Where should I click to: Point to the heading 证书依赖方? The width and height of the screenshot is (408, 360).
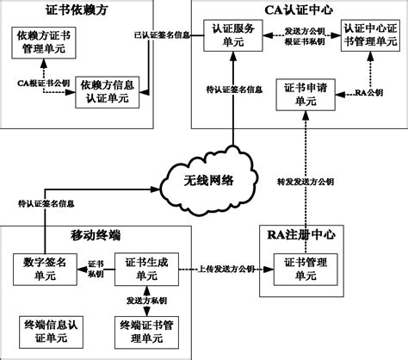pos(77,10)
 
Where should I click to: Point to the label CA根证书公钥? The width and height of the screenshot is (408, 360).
pos(44,83)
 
